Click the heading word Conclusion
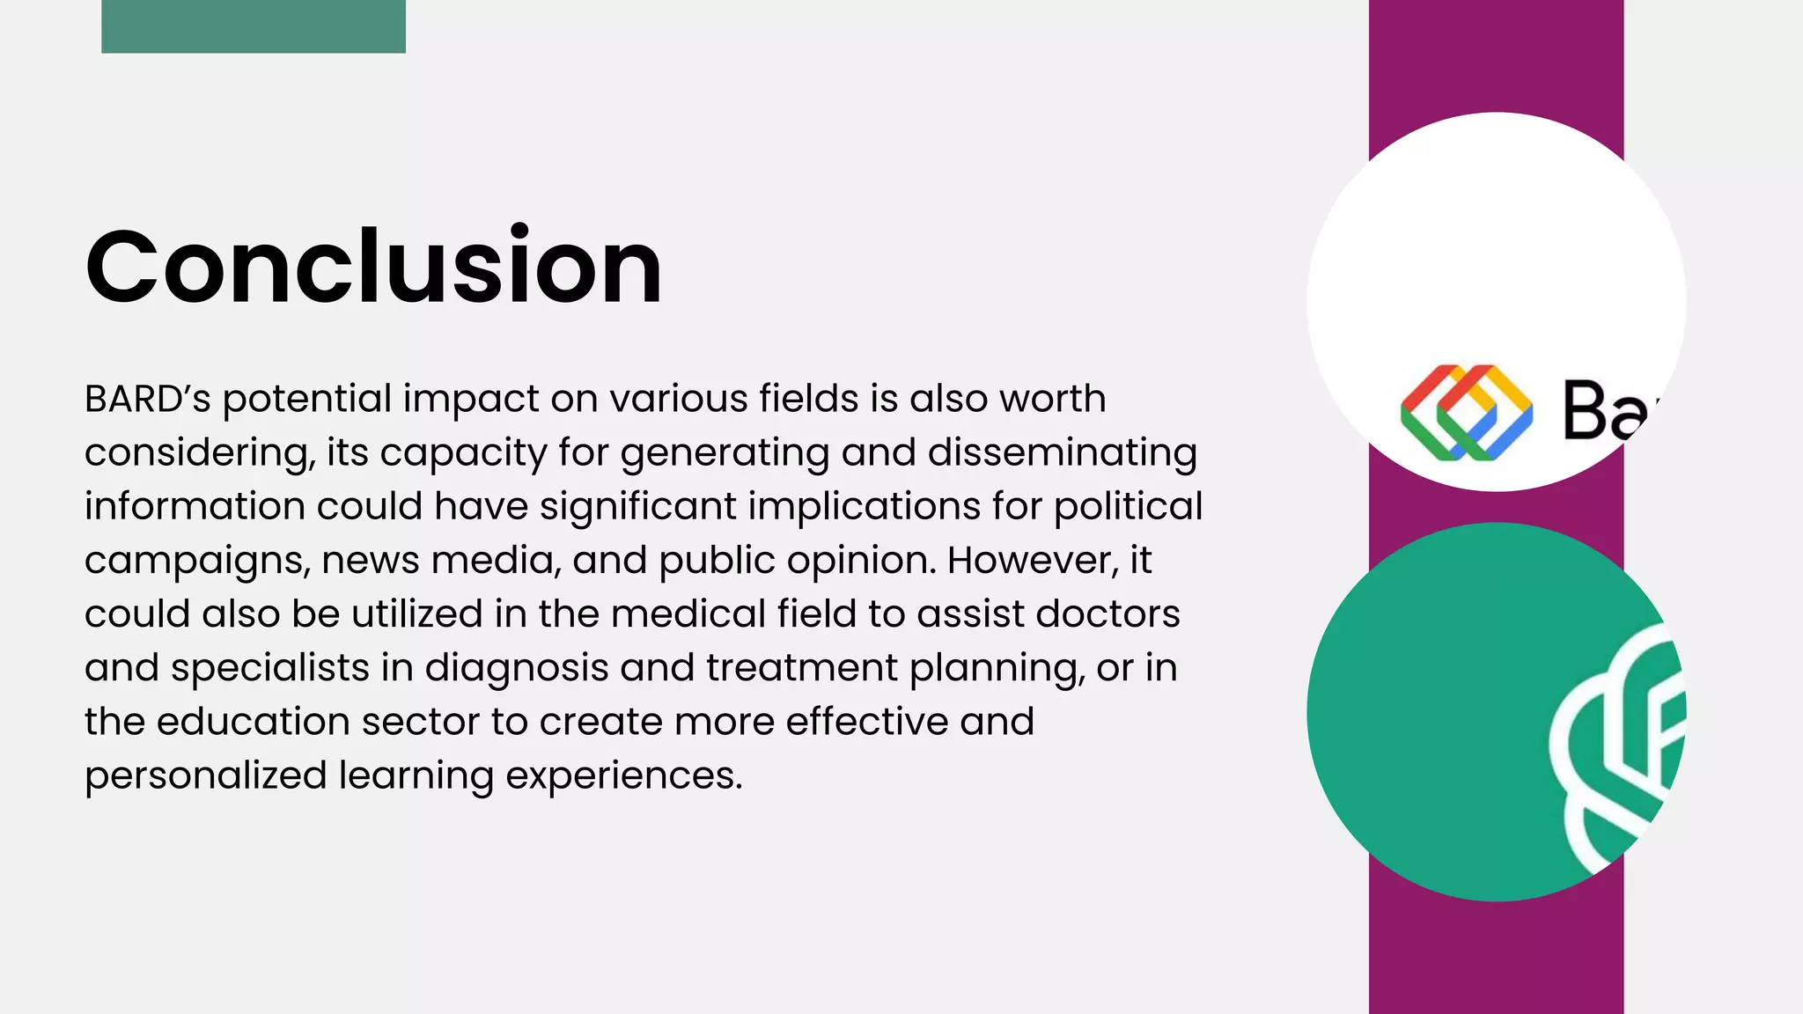pyautogui.click(x=373, y=266)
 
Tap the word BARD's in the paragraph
pyautogui.click(x=147, y=399)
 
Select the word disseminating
pyautogui.click(x=1062, y=452)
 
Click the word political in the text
pyautogui.click(x=1128, y=507)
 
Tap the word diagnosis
pyautogui.click(x=517, y=667)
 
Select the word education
pyautogui.click(x=254, y=722)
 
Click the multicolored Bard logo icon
pyautogui.click(x=1466, y=412)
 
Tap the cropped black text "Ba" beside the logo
pyautogui.click(x=1608, y=411)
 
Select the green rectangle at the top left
pyautogui.click(x=254, y=26)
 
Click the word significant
pyautogui.click(x=638, y=507)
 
